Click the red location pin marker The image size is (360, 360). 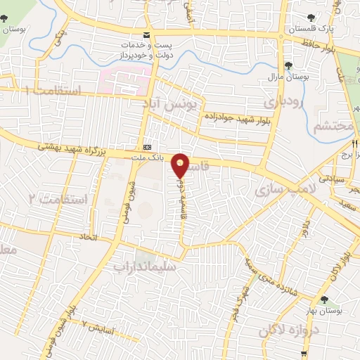[181, 165]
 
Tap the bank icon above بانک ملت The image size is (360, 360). [147, 147]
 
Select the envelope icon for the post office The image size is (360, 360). [146, 35]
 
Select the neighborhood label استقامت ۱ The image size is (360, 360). [53, 91]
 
